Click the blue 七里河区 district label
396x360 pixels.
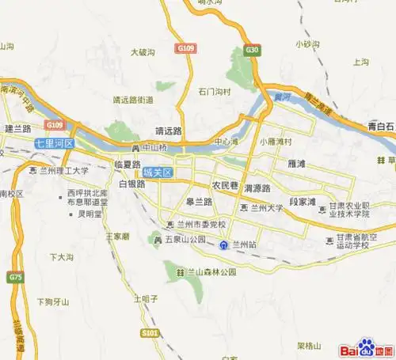54,144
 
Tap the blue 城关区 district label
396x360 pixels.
157,172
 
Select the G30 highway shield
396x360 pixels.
252,49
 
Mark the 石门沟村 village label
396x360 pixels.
215,91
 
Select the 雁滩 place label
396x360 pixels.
298,167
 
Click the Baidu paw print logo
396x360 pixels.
366,346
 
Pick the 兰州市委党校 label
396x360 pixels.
205,222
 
